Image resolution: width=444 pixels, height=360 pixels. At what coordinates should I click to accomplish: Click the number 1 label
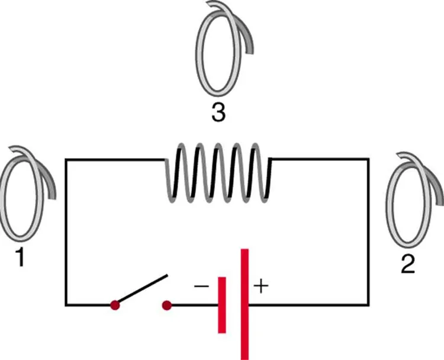[x=20, y=258]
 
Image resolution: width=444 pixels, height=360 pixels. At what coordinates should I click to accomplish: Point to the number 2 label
[x=407, y=264]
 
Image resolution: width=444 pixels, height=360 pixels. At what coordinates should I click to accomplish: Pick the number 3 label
[x=218, y=112]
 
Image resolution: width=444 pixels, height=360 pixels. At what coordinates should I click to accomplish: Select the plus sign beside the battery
[x=261, y=287]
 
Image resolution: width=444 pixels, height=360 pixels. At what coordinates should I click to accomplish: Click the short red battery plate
[x=222, y=304]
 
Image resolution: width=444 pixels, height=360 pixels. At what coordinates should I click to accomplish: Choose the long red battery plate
[x=244, y=304]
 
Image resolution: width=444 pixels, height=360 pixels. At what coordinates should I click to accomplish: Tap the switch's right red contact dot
[x=168, y=306]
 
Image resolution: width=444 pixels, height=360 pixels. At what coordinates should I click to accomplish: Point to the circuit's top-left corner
[x=66, y=159]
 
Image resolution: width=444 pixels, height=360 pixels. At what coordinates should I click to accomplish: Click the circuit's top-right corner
[x=369, y=159]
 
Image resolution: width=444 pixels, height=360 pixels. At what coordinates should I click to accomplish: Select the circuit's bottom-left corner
[x=66, y=306]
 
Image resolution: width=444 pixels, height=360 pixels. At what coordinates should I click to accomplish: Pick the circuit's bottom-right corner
[x=369, y=306]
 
